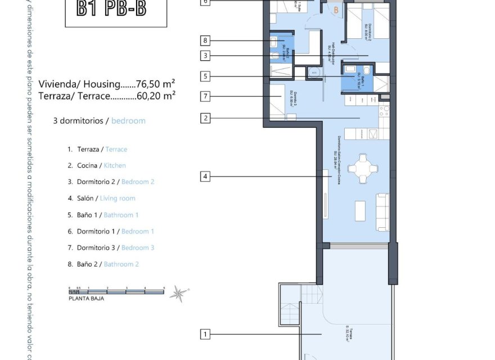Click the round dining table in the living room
click(x=360, y=168)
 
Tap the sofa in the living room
click(x=382, y=211)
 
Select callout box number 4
click(x=205, y=177)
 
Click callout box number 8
click(x=205, y=40)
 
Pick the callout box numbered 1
click(x=205, y=335)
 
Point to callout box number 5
click(x=205, y=76)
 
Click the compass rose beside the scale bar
click(x=179, y=292)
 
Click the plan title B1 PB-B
click(x=116, y=10)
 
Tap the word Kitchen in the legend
click(x=115, y=165)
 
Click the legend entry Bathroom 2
click(x=121, y=264)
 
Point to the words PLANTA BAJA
click(x=86, y=299)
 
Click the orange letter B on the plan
click(x=336, y=10)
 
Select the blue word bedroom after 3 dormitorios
click(x=128, y=120)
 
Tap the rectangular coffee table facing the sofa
click(x=360, y=211)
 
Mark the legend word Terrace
click(x=116, y=149)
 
